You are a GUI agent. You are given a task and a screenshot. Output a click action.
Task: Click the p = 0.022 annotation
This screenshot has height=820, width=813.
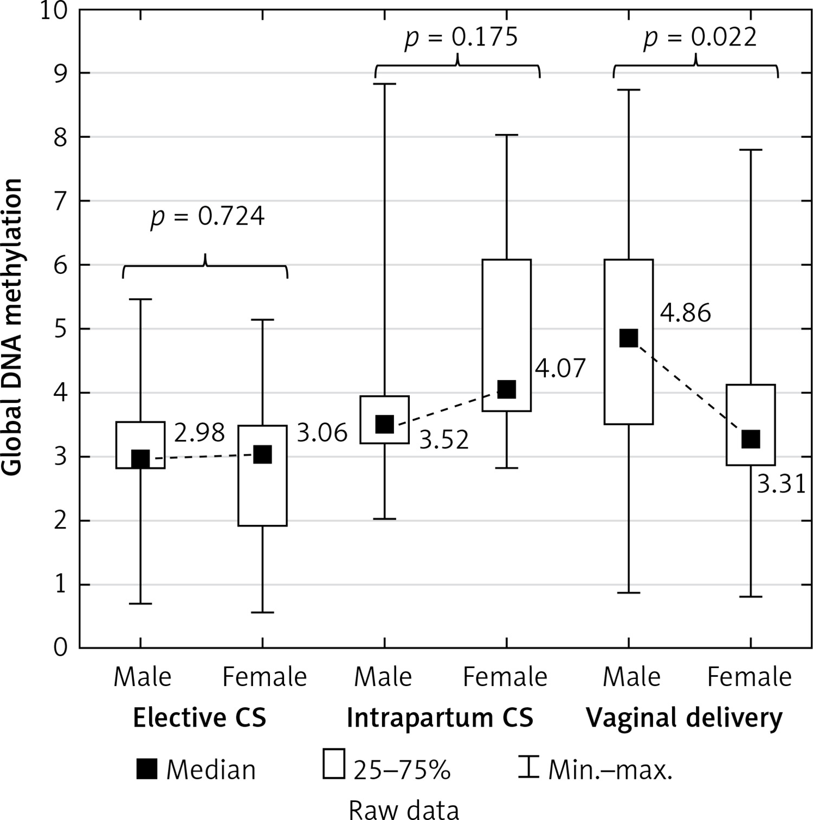coord(700,38)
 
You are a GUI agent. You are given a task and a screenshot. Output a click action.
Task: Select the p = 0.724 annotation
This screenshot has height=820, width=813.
coord(208,216)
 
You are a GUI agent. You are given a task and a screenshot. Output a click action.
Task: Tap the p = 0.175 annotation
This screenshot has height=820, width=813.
coord(461,38)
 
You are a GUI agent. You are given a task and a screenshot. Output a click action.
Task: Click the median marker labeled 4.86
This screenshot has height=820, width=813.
coord(628,337)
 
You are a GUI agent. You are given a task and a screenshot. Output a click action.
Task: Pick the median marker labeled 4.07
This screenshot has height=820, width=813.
coord(506,389)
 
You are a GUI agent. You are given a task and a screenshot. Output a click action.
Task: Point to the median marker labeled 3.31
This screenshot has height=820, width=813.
coord(750,439)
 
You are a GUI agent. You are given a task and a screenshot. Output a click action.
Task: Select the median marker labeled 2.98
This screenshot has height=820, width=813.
coord(140,459)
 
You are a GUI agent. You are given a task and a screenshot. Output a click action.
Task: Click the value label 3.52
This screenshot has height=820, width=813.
coord(444,440)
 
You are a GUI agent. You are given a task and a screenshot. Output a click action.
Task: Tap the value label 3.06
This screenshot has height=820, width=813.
coord(322,433)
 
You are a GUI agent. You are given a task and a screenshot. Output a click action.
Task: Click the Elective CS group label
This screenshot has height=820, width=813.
coord(199,717)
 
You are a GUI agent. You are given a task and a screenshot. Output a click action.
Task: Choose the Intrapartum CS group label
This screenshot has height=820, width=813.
coord(440,717)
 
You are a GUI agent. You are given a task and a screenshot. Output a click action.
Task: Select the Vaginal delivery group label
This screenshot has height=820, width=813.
coord(685,717)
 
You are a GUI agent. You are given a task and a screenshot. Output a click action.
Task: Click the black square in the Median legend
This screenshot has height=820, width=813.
coord(147,769)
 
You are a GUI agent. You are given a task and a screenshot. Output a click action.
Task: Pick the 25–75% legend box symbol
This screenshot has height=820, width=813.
coord(334,764)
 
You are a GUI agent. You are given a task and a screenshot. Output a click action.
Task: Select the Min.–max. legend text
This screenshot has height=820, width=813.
coord(610,770)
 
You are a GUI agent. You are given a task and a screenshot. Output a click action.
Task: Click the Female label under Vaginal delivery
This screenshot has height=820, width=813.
coord(750,677)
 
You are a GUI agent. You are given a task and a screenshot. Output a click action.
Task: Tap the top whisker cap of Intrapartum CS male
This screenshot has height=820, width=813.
coord(384,84)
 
